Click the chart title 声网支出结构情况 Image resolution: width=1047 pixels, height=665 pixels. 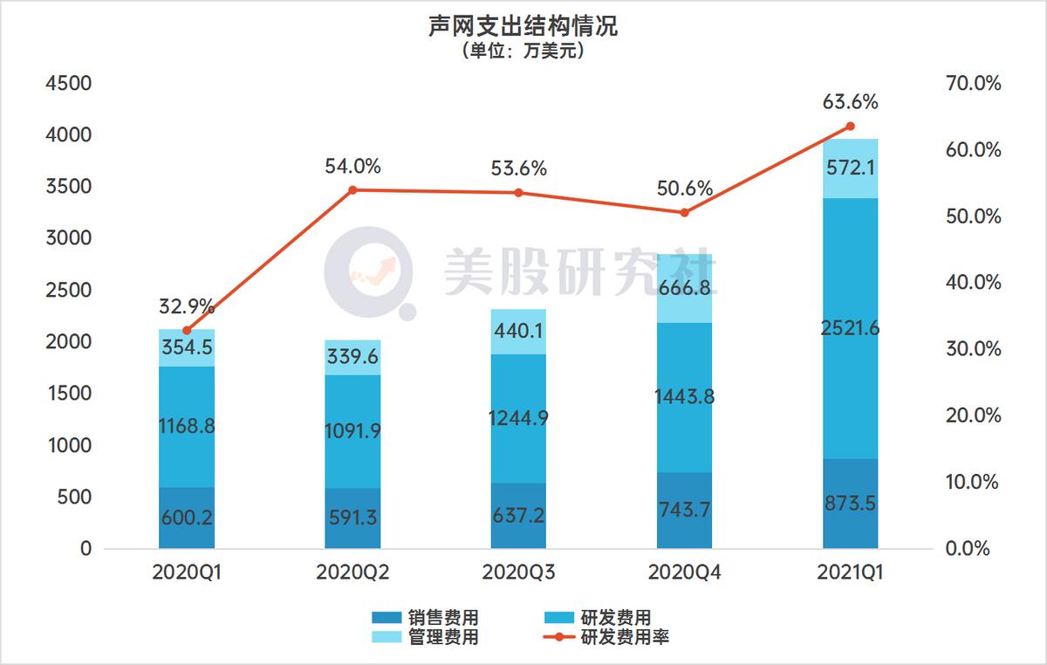523,26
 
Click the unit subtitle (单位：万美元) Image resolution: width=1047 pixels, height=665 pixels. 523,51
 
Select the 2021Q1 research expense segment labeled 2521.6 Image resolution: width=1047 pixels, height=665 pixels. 850,328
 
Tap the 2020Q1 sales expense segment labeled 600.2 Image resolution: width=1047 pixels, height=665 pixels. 187,518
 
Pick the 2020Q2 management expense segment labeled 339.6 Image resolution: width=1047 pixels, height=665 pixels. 352,357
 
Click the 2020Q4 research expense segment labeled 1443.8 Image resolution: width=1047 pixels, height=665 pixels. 684,397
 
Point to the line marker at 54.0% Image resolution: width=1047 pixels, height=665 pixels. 352,189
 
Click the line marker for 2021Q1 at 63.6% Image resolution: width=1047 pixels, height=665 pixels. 850,126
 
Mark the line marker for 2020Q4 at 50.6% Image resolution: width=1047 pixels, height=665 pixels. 684,212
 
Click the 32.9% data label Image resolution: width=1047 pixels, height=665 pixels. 187,306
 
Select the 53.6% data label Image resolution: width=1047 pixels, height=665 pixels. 518,169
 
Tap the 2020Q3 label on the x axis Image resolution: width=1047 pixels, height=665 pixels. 518,572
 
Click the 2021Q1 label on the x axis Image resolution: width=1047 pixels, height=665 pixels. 850,572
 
